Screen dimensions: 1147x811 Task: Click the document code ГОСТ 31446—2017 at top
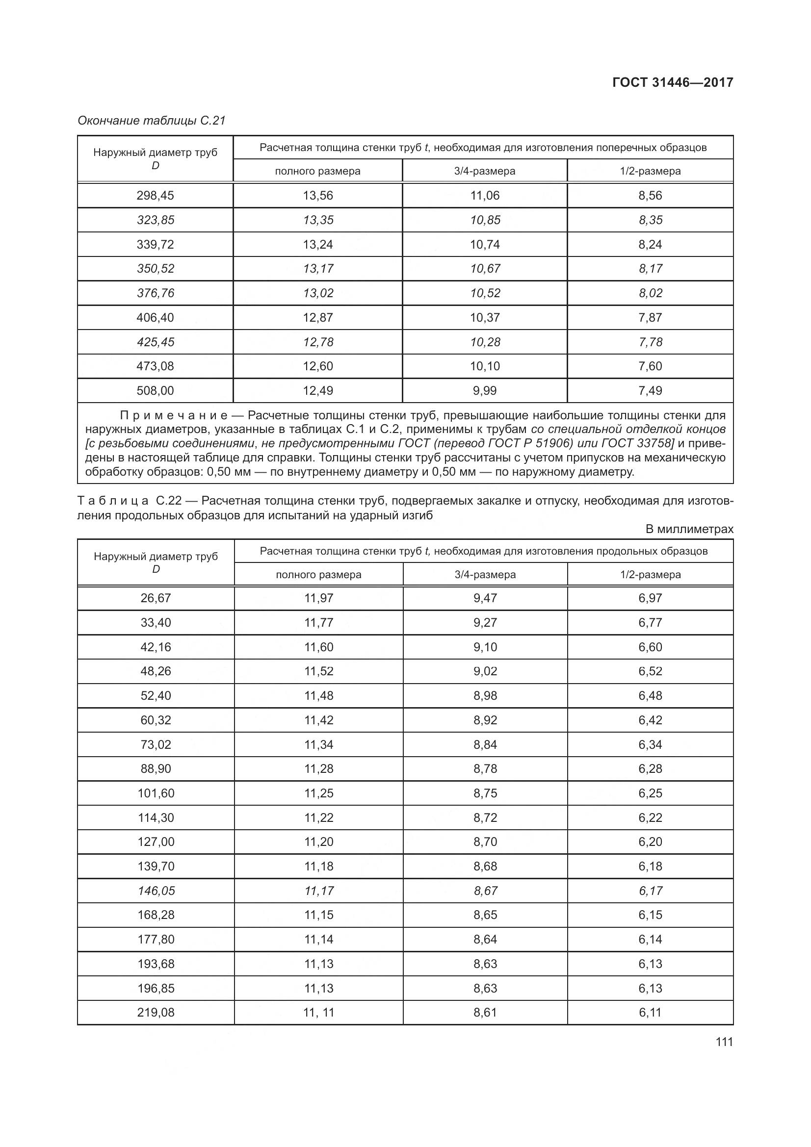[x=673, y=82]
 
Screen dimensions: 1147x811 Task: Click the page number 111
[x=724, y=1042]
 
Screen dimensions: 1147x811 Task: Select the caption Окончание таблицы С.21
[x=152, y=121]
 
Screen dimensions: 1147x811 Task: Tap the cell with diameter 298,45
[x=156, y=195]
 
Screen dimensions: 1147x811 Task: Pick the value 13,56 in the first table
[x=318, y=195]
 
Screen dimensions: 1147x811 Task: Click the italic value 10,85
[x=485, y=220]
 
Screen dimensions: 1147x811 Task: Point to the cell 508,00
[x=156, y=390]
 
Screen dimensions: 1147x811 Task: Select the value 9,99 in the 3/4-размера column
[x=485, y=390]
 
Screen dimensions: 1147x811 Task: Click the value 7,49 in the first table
[x=650, y=390]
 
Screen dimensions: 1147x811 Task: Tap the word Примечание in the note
[x=173, y=415]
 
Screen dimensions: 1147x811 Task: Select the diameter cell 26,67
[x=156, y=598]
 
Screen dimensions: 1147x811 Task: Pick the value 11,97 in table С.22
[x=319, y=598]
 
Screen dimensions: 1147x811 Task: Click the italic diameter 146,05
[x=156, y=891]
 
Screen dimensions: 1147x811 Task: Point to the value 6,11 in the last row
[x=650, y=1013]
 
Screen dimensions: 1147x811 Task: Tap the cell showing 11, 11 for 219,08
[x=319, y=1013]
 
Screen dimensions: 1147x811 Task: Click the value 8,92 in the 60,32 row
[x=485, y=720]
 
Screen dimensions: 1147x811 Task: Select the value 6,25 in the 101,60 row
[x=650, y=793]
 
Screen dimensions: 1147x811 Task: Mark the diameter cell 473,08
[x=156, y=366]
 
